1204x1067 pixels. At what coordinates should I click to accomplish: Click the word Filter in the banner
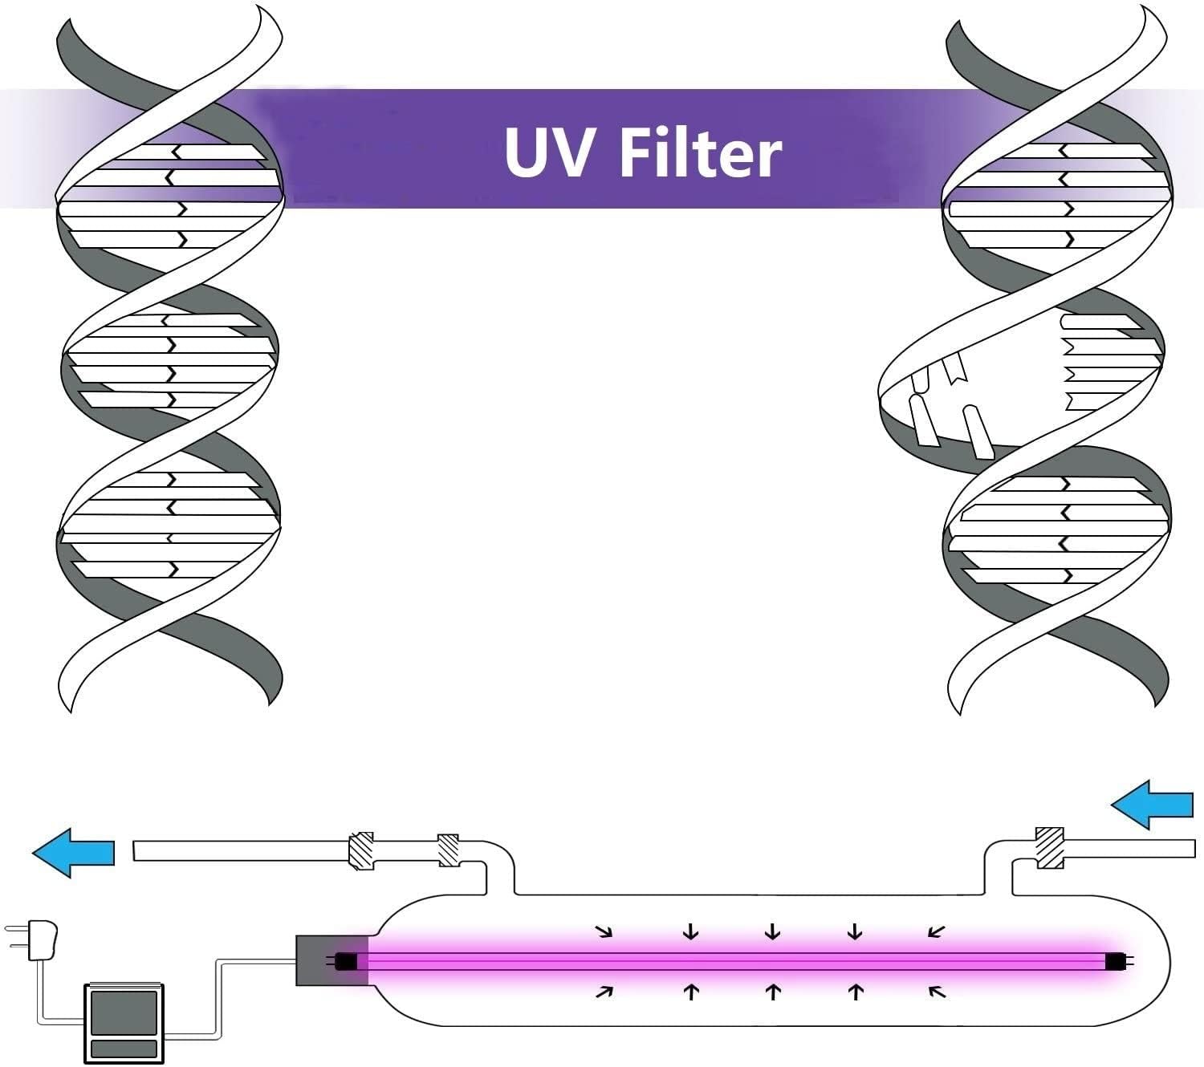(x=700, y=152)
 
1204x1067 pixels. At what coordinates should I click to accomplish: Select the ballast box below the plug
(x=124, y=1023)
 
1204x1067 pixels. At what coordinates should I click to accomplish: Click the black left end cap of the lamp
(x=346, y=960)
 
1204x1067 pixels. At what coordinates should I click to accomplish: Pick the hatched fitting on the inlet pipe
(x=1050, y=847)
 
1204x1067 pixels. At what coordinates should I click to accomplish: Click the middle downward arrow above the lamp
(x=773, y=931)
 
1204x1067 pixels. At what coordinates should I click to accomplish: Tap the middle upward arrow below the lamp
(x=773, y=992)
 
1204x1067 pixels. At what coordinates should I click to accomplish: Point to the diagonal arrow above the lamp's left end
(x=604, y=931)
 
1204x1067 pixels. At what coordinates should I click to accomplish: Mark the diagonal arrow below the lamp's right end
(x=937, y=992)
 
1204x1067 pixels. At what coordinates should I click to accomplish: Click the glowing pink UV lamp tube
(x=722, y=960)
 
